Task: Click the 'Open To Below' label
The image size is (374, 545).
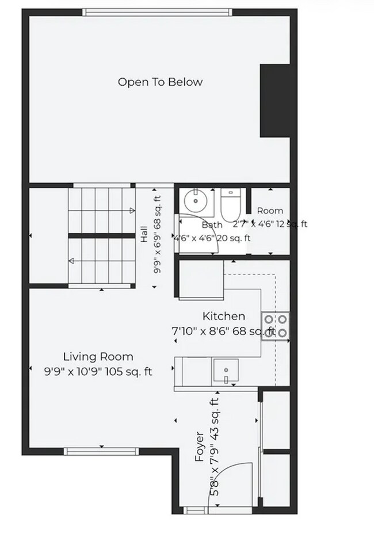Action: [160, 82]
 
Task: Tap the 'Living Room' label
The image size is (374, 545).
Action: [98, 357]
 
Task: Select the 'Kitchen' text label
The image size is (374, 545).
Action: [223, 316]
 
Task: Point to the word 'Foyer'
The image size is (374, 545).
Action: [199, 447]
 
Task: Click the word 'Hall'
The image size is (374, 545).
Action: [143, 234]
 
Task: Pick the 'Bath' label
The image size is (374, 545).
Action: [212, 225]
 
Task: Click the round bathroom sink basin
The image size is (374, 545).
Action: [196, 200]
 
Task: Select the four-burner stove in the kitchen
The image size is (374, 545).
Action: [275, 326]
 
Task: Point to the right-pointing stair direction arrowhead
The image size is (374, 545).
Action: [132, 210]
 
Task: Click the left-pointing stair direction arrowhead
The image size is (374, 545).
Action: [71, 261]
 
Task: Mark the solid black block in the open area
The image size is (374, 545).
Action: [275, 101]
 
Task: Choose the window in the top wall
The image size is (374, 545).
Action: [158, 13]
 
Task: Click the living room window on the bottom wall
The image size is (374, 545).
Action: [101, 451]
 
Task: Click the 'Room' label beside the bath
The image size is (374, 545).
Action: [270, 211]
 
